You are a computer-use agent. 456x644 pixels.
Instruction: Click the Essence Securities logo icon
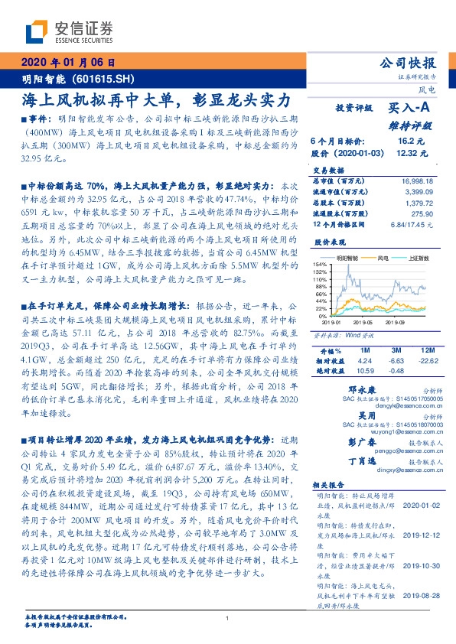pyautogui.click(x=36, y=32)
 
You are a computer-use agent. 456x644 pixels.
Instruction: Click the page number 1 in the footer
pyautogui.click(x=228, y=619)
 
